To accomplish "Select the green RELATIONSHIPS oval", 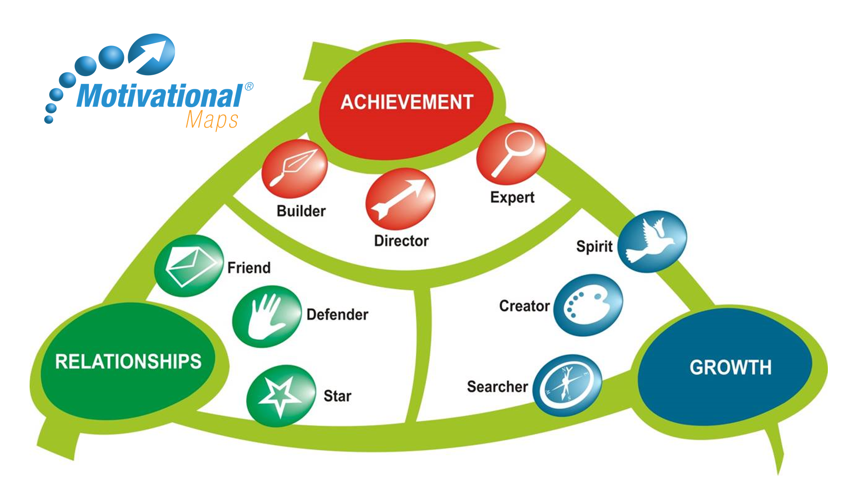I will click(128, 361).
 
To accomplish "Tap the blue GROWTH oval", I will click(730, 367).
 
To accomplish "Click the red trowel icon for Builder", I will click(295, 168).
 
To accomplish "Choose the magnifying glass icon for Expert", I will click(511, 153).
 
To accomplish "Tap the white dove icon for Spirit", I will click(652, 241).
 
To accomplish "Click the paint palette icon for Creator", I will click(588, 305).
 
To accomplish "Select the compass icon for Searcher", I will click(567, 385).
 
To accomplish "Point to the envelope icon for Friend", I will click(189, 266).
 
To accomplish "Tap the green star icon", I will click(281, 395).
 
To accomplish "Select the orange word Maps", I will click(212, 120).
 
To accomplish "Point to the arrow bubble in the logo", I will click(152, 54).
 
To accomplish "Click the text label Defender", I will click(337, 314).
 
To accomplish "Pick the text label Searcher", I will click(497, 387).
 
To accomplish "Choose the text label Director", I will click(401, 241).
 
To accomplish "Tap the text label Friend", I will click(249, 267).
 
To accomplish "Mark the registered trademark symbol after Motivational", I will click(249, 87).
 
